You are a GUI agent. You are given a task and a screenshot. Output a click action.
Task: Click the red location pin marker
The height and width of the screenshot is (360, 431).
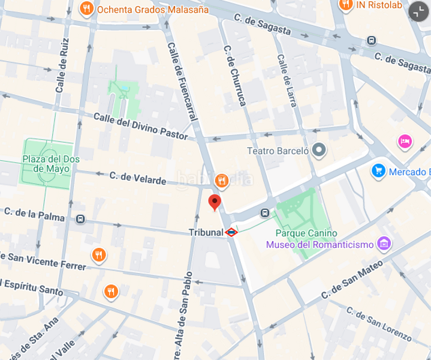(215, 202)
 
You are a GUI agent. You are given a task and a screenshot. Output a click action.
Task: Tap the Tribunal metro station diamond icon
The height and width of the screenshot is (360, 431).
(231, 232)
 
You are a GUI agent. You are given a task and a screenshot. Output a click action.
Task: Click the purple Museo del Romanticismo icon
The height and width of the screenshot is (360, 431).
(384, 244)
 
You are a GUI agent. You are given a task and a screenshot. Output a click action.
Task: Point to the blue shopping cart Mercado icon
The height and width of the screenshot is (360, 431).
(378, 172)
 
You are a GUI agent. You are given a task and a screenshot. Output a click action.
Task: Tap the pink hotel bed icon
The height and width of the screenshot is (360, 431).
(405, 142)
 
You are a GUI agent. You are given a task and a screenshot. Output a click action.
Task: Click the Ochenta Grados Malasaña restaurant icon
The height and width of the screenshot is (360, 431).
(87, 9)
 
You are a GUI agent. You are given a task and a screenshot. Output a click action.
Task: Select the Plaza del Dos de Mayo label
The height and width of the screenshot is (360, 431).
(51, 164)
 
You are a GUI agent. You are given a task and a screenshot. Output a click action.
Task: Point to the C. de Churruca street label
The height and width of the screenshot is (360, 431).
(234, 76)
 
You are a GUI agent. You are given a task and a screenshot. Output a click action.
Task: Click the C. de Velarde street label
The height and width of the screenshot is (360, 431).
(137, 178)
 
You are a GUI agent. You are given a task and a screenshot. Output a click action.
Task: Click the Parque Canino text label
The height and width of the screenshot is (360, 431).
(306, 233)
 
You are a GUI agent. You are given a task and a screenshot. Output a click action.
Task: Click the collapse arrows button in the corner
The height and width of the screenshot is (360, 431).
(418, 11)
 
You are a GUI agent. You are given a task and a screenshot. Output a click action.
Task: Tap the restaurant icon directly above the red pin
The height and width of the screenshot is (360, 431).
(222, 180)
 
